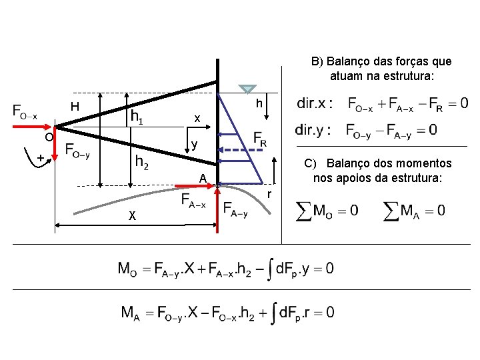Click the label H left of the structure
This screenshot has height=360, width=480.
75,107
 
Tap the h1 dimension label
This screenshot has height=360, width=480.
139,117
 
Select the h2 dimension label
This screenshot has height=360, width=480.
141,161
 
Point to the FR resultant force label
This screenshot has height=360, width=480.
261,139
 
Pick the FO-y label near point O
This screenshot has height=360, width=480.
79,152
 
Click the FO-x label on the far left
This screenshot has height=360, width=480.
25,111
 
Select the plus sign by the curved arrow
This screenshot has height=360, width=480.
40,158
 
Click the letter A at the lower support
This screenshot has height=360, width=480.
202,177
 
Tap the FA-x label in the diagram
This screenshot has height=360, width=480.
194,201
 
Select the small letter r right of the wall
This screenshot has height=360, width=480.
269,194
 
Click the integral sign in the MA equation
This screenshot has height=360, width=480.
273,313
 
